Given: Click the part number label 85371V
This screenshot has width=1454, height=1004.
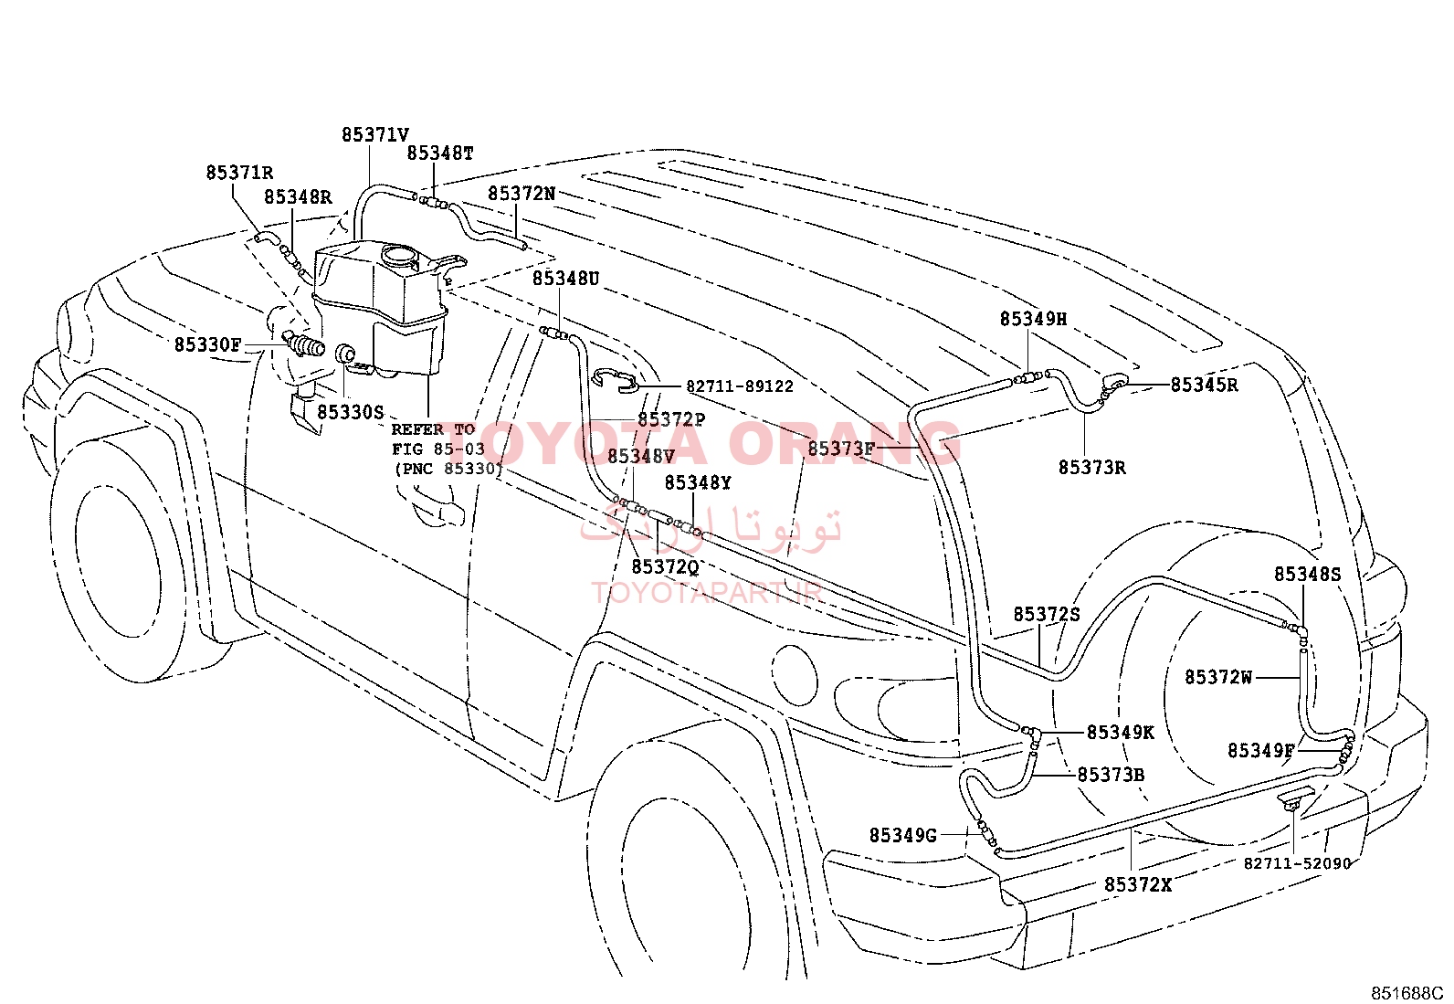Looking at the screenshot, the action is click(375, 135).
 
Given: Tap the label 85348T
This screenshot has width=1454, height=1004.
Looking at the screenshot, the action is click(440, 153).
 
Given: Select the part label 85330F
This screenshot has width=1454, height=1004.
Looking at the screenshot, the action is click(207, 344).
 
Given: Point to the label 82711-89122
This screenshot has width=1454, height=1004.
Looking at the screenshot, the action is click(740, 386).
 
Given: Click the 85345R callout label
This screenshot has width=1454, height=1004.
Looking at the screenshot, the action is click(1204, 386).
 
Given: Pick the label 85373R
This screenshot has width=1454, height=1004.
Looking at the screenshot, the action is click(1091, 468).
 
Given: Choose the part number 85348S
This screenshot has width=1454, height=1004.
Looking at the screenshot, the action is click(1307, 575).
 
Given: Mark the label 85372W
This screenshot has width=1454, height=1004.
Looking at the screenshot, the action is click(1218, 677).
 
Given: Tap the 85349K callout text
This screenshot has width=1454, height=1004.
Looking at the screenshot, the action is click(1121, 733).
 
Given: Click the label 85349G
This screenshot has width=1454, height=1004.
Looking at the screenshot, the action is click(903, 836).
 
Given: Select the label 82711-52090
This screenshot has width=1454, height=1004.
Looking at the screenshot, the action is click(1297, 863).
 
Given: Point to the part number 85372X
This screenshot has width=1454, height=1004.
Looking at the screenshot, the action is click(1138, 885).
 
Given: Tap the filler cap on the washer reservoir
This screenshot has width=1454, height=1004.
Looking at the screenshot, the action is click(398, 255).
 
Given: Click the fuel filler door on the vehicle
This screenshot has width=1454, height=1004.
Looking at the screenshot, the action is click(795, 676).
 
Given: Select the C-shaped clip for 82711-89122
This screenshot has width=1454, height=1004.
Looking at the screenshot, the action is click(616, 381).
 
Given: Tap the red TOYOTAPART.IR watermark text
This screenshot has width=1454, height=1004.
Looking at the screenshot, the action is click(707, 593).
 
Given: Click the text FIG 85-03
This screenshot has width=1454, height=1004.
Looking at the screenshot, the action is click(438, 449).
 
